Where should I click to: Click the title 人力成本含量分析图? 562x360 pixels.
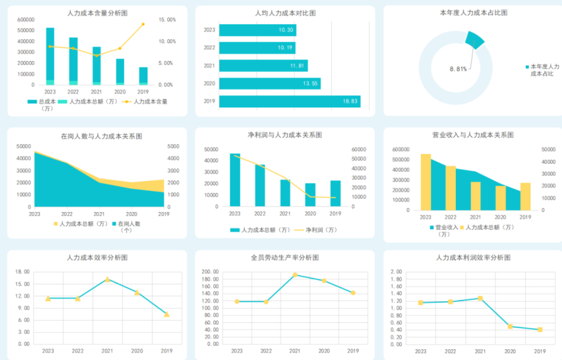[97, 13]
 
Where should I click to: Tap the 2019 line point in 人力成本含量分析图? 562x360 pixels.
[143, 24]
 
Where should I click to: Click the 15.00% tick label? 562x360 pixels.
[167, 20]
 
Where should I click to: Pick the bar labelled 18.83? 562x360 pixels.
[290, 101]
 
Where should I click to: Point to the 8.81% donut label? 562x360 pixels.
[458, 69]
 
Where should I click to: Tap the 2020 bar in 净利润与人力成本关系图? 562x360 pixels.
[310, 195]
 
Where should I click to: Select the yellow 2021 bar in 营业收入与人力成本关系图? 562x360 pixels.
[476, 196]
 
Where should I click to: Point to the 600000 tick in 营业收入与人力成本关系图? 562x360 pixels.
[402, 149]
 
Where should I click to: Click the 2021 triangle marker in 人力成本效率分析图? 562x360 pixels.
[107, 279]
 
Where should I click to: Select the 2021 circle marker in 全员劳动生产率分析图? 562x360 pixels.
[295, 275]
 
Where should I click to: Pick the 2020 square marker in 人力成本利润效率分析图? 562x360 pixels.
[510, 326]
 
